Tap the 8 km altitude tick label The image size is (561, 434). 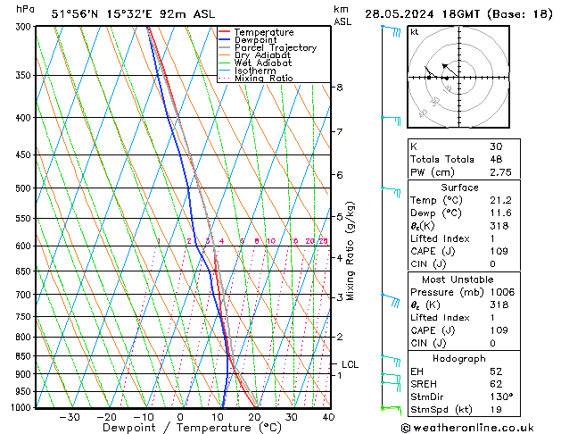(x=340, y=88)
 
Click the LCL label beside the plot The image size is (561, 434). (x=350, y=364)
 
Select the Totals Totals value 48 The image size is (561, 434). (x=497, y=159)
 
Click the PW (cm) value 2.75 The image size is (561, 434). (x=500, y=171)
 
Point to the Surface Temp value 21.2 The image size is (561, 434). (x=500, y=201)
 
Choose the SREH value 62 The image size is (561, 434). (x=497, y=384)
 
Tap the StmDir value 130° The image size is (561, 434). (x=500, y=396)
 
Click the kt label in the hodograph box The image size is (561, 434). (x=415, y=32)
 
